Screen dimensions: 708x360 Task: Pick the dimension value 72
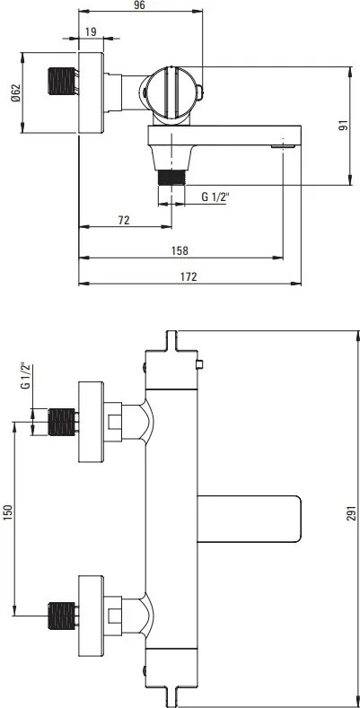124,220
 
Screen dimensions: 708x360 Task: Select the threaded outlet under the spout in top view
171,174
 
